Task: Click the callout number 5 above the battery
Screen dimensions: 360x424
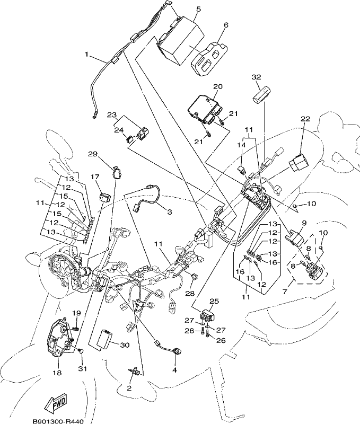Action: (198, 9)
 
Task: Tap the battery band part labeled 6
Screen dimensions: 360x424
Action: (209, 59)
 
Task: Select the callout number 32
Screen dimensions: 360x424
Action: (256, 77)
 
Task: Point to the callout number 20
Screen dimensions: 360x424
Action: (218, 86)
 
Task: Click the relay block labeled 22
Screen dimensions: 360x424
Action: (299, 162)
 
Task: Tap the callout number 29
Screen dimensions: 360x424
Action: (93, 154)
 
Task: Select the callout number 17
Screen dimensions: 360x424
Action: (95, 177)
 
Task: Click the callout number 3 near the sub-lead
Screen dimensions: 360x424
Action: (169, 212)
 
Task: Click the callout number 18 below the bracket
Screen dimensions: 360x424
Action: (58, 373)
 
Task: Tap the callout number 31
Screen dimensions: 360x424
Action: (82, 368)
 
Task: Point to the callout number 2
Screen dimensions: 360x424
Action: (129, 388)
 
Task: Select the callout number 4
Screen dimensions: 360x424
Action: (175, 370)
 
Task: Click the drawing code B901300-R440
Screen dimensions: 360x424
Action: (58, 421)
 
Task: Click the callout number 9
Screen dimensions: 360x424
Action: (304, 223)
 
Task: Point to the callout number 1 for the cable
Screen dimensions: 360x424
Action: (86, 55)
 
